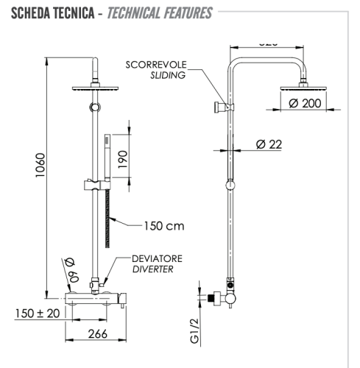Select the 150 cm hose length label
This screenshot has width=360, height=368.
pos(164,226)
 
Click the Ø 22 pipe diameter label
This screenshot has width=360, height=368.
pos(269,144)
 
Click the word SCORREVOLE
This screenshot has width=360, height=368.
pos(156,64)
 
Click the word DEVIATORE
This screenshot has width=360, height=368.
pos(157,259)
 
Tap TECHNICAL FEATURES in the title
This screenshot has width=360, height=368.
pos(160,13)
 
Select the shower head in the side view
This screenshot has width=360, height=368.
pos(302,89)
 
